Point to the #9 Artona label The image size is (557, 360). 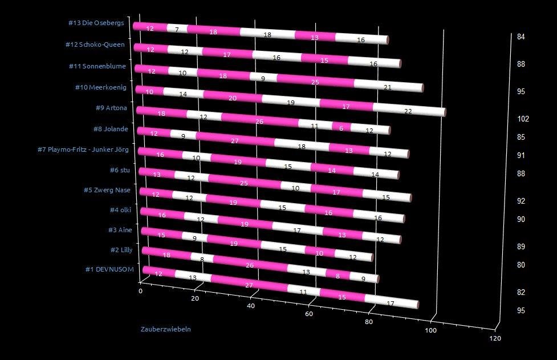[x=112, y=108]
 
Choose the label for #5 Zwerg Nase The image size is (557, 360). [x=107, y=190]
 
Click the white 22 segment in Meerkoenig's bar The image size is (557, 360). [x=408, y=111]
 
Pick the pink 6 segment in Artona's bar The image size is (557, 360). [x=341, y=128]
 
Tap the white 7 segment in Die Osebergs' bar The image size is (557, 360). [x=177, y=29]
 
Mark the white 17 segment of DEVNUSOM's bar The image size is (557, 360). [x=391, y=304]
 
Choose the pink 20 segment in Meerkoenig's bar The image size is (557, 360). [x=233, y=98]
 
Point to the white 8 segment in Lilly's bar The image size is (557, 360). [x=202, y=259]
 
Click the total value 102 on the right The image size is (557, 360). [x=523, y=119]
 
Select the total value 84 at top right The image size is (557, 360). [x=521, y=37]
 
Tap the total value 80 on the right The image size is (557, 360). [x=521, y=265]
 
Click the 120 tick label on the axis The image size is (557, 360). [x=495, y=339]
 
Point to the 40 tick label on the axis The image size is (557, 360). [x=251, y=306]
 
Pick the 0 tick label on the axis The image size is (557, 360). [x=141, y=291]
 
